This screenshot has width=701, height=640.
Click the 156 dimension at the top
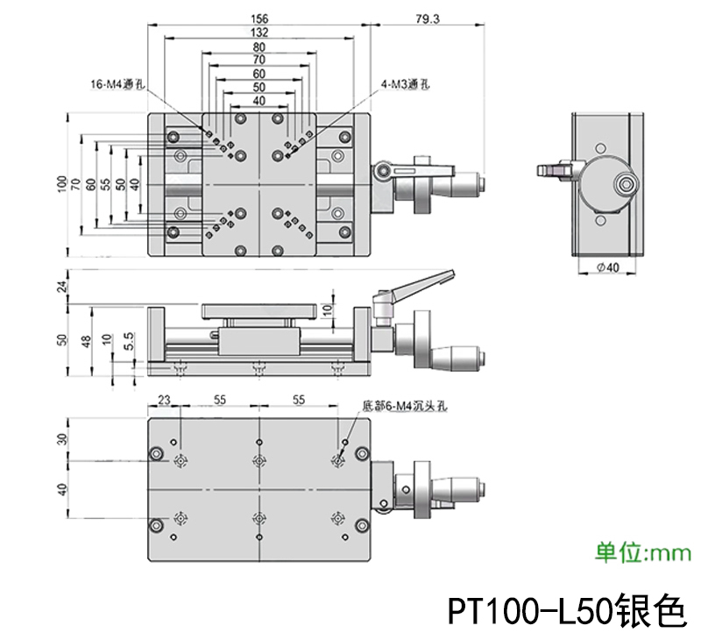[x=259, y=18]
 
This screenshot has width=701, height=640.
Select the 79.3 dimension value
[x=429, y=18]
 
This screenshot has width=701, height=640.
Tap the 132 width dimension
[x=259, y=32]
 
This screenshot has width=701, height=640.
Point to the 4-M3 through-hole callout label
[x=406, y=84]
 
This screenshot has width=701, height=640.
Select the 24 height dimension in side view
[x=62, y=286]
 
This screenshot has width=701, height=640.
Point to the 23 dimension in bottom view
[x=164, y=399]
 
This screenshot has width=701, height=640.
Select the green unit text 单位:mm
[x=644, y=552]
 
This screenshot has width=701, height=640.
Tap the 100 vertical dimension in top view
[x=61, y=183]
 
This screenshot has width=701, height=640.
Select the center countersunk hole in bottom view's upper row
[x=258, y=461]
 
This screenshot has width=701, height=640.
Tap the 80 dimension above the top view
[x=259, y=46]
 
